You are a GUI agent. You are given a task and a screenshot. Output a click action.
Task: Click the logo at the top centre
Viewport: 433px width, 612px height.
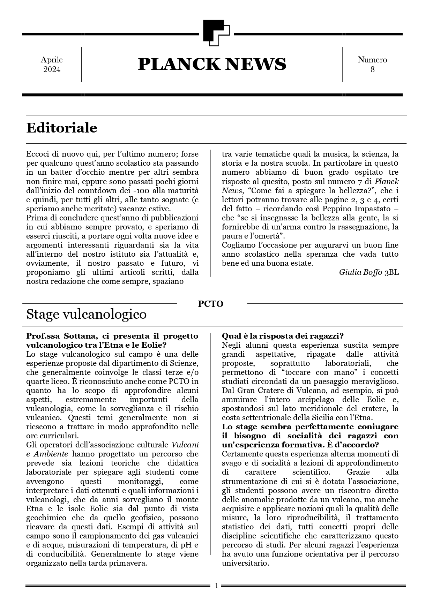pyautogui.click(x=216, y=33)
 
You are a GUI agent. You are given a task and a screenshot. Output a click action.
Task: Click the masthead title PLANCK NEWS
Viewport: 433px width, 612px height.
pyautogui.click(x=212, y=64)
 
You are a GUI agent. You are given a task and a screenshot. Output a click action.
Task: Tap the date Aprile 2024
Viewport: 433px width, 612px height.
pyautogui.click(x=52, y=65)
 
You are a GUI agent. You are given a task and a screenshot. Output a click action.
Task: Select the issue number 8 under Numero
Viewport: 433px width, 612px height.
pyautogui.click(x=372, y=69)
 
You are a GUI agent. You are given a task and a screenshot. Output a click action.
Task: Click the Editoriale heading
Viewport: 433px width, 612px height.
pyautogui.click(x=62, y=128)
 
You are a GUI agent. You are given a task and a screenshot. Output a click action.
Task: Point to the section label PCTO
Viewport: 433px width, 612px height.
pyautogui.click(x=210, y=304)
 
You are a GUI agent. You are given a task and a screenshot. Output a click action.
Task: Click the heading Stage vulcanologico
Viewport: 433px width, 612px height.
pyautogui.click(x=86, y=314)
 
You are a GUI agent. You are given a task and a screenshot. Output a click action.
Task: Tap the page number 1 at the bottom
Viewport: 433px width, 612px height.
pyautogui.click(x=216, y=586)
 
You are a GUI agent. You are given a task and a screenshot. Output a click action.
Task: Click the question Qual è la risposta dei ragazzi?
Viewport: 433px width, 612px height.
pyautogui.click(x=283, y=336)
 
